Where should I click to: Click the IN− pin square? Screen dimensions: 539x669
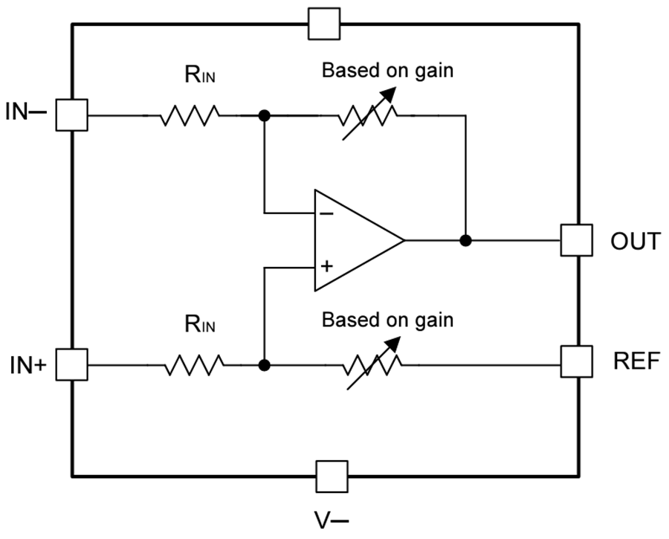click(72, 115)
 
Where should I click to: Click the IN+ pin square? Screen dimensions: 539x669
click(72, 365)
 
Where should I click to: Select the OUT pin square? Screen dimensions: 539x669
click(577, 240)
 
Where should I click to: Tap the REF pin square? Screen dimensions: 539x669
click(577, 361)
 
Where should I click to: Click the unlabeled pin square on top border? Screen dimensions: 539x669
click(324, 24)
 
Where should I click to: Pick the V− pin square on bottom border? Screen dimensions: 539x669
click(332, 476)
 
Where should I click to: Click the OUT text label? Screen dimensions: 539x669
click(634, 241)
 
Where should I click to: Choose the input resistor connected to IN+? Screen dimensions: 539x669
click(193, 365)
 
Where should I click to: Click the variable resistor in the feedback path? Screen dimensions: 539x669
click(368, 116)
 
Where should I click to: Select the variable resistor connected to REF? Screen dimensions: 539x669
click(372, 365)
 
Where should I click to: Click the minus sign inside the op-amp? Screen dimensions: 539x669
click(326, 213)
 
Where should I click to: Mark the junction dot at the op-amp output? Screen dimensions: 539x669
click(465, 240)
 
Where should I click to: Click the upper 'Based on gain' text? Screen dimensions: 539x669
click(387, 71)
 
